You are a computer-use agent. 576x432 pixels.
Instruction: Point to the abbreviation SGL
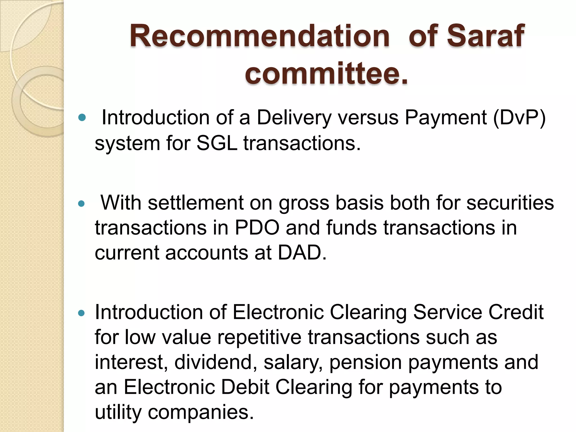point(217,143)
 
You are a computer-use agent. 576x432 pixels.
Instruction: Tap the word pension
point(365,363)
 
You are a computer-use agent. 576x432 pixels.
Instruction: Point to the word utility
point(118,413)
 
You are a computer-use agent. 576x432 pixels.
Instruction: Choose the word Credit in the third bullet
point(516,312)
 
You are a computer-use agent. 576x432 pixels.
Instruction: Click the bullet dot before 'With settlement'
point(82,204)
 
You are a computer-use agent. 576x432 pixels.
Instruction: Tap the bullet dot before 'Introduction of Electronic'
point(82,313)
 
